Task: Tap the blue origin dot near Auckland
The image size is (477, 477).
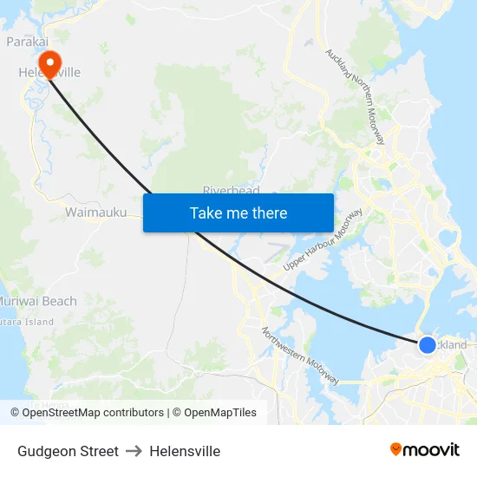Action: click(427, 345)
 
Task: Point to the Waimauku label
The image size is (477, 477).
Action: click(95, 212)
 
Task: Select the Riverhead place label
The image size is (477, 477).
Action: click(231, 190)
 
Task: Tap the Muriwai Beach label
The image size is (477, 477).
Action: click(38, 301)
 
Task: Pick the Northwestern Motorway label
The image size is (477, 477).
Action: click(299, 356)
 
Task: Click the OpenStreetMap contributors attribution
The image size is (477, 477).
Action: click(92, 413)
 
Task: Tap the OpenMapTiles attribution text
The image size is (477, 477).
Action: click(219, 413)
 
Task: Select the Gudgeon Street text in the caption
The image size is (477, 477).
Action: click(68, 451)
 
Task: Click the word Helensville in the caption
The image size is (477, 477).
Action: click(185, 451)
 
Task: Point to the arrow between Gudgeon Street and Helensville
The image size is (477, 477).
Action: click(134, 451)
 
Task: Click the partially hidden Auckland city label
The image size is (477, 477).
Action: click(454, 344)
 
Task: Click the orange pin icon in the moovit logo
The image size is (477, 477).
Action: click(396, 449)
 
